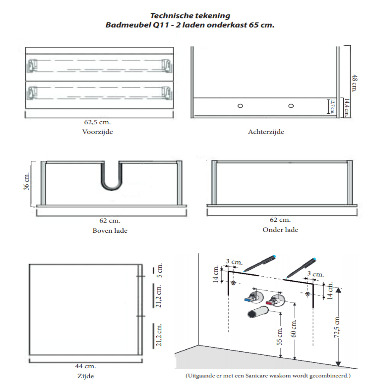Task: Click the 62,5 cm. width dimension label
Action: (x=97, y=122)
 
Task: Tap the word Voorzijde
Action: (x=98, y=132)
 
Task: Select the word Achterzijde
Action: (x=266, y=132)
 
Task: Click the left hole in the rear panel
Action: (x=240, y=106)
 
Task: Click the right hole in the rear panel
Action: (x=291, y=106)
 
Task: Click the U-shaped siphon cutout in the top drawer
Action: (x=112, y=179)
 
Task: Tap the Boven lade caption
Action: (x=110, y=231)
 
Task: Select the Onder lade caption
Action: (x=280, y=230)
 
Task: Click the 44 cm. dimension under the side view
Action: (x=86, y=366)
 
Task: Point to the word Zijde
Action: (x=86, y=376)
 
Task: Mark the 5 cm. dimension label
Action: (x=159, y=270)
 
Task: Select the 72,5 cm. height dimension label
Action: (x=337, y=327)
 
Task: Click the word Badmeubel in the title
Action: (x=127, y=25)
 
